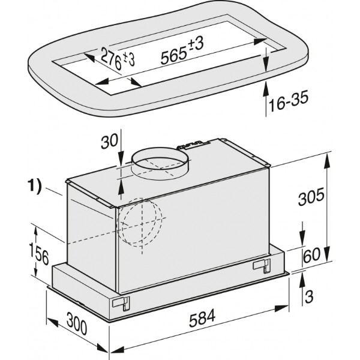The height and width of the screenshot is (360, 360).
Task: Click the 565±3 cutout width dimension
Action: tap(182, 51)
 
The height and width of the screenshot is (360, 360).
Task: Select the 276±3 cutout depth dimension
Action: tap(118, 59)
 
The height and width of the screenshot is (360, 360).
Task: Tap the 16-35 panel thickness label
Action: tap(288, 101)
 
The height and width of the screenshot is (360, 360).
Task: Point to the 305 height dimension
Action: tap(311, 196)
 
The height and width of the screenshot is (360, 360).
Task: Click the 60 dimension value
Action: tap(312, 255)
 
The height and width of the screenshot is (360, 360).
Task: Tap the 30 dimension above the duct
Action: tap(109, 141)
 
